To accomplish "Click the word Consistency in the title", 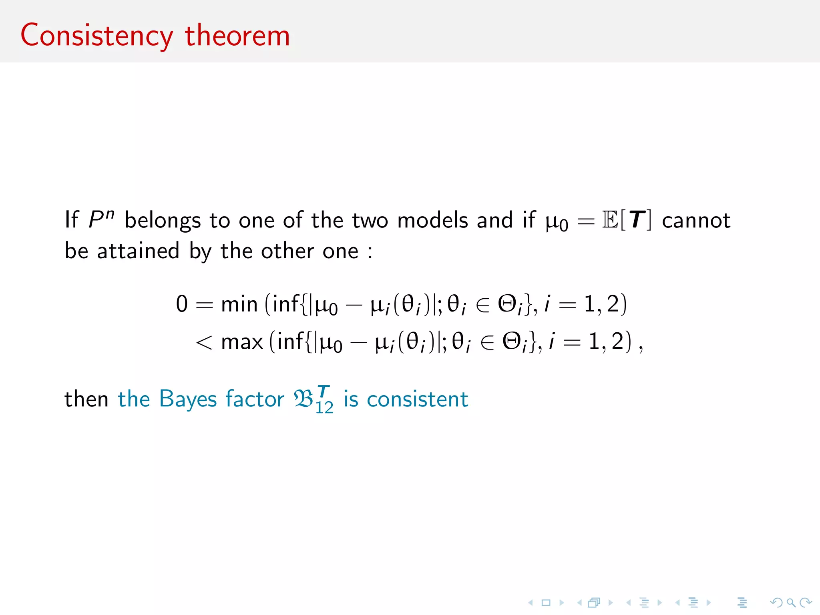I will (96, 36).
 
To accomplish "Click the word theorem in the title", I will (237, 36).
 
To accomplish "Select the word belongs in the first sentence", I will (162, 221).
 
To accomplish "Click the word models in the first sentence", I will (432, 220).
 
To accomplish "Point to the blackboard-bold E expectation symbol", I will (610, 220).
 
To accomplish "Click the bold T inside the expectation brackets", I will (637, 220).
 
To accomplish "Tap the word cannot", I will (696, 221).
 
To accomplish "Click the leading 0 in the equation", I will (182, 304).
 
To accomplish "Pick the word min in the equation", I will (239, 304).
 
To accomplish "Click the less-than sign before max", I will (204, 342).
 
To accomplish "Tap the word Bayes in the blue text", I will (187, 400).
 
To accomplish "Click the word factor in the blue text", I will (255, 399).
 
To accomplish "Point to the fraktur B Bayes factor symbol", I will (303, 399).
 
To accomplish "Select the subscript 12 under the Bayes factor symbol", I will (324, 408).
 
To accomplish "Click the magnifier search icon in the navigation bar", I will (791, 602).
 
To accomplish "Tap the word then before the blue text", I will (86, 400).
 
